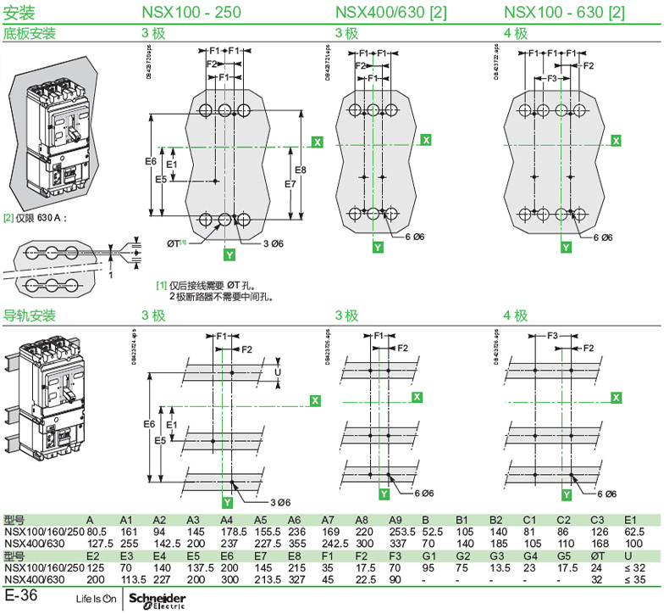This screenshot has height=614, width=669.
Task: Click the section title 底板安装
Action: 30,34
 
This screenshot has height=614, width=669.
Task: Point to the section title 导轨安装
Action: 30,315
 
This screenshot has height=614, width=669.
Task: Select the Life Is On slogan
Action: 95,600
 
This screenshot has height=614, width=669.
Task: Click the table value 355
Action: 295,544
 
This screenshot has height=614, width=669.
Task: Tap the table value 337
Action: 395,544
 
